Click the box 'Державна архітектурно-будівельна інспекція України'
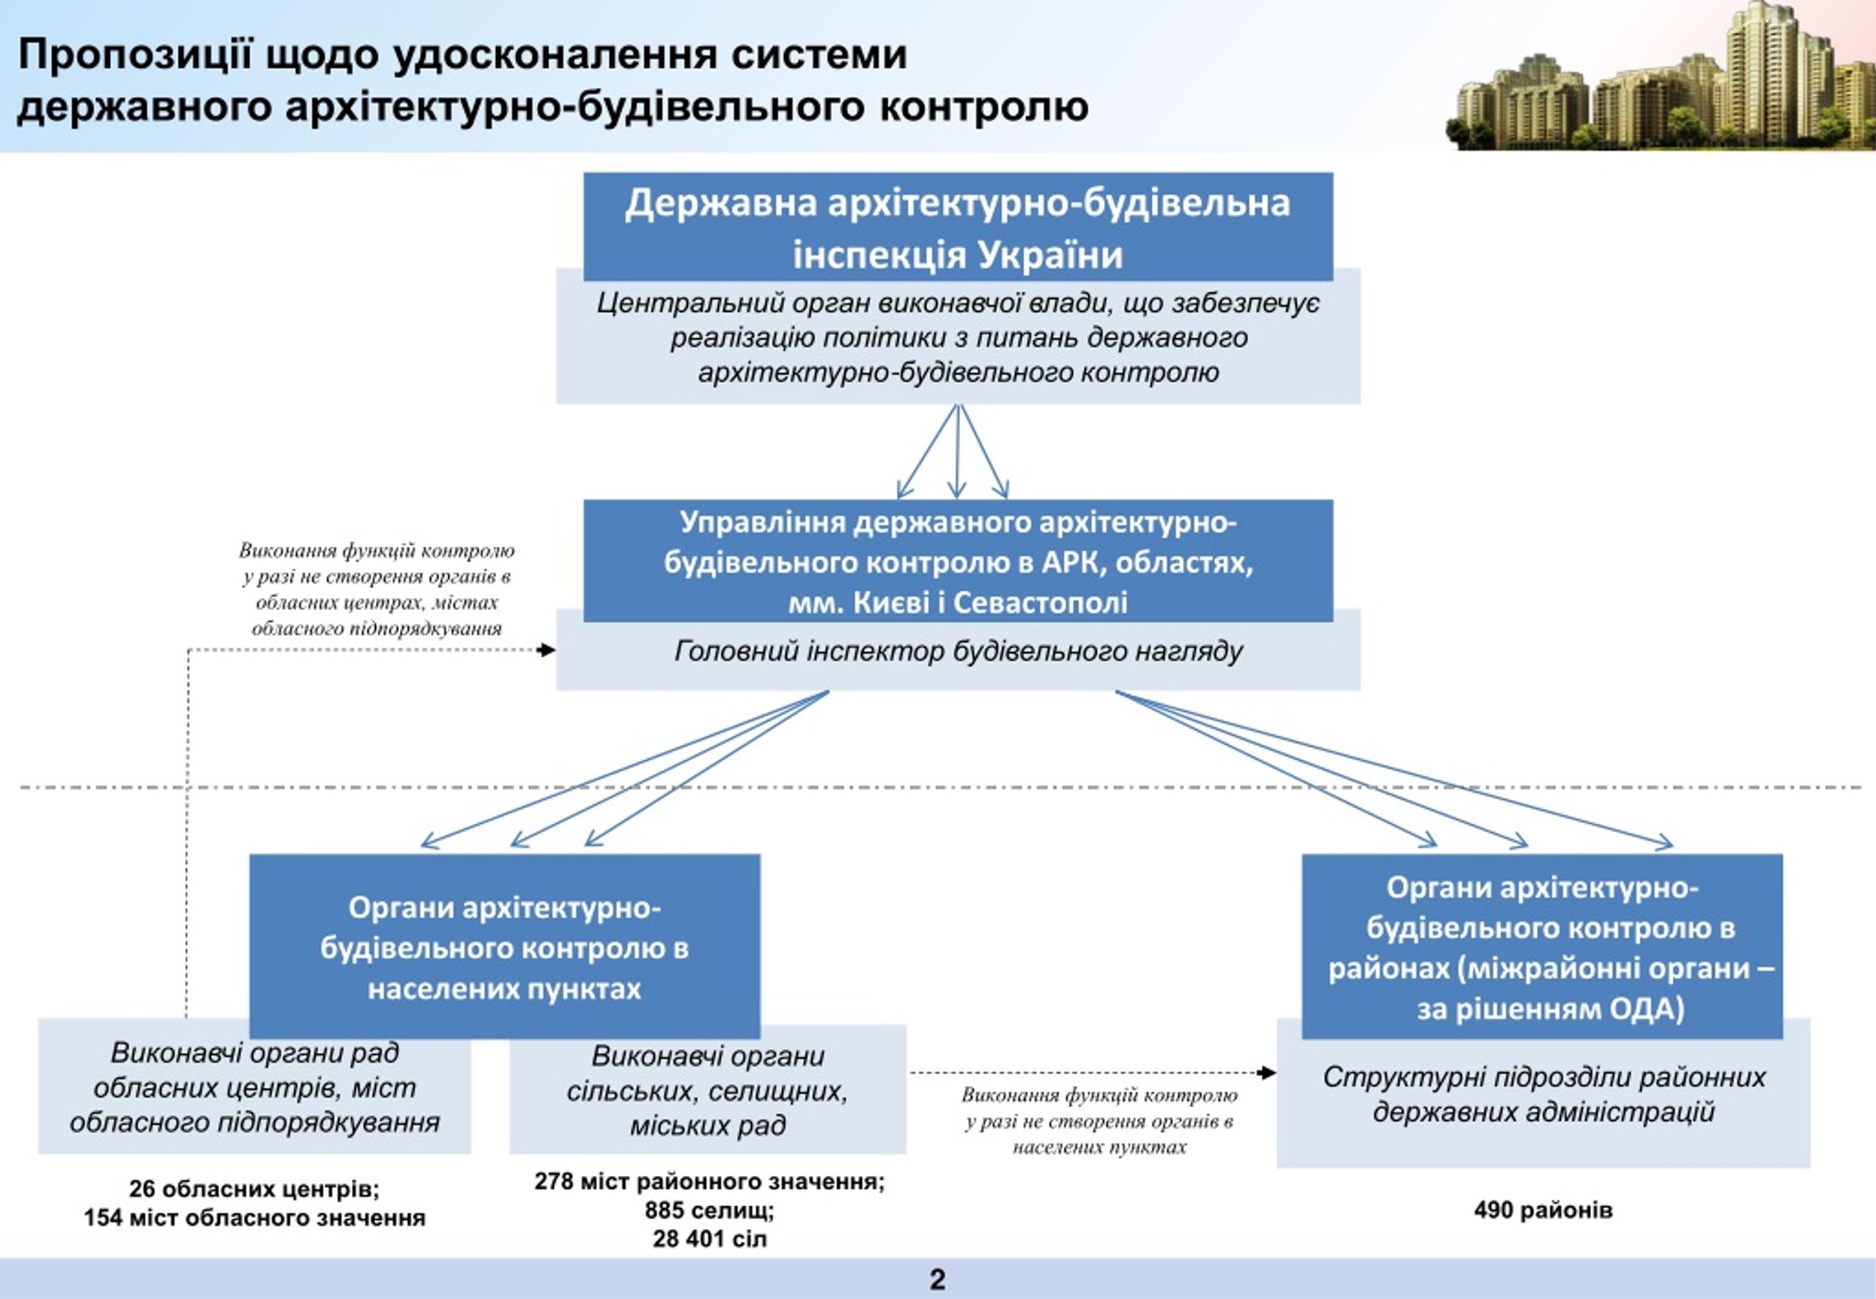958,227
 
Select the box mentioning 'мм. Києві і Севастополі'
958,561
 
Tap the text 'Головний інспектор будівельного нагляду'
959,652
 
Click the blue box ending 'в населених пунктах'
504,946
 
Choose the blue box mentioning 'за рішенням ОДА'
1543,946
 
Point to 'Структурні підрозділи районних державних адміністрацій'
1543,1094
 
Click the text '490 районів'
1543,1210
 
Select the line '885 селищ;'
709,1210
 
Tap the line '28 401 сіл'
709,1239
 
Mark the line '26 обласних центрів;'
254,1189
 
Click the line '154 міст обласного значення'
254,1218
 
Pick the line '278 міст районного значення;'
709,1181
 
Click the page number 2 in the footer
937,1279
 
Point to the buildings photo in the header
1660,76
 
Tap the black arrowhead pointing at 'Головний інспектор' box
547,649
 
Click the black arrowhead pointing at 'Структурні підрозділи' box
1268,1072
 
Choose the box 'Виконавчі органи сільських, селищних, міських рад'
708,1091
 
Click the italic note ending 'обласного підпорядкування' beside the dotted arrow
377,589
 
